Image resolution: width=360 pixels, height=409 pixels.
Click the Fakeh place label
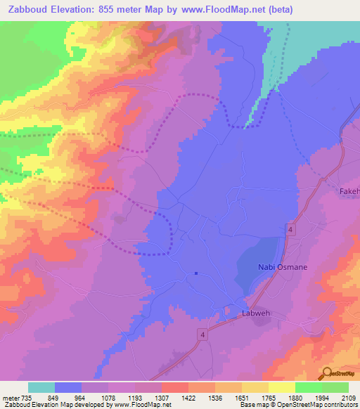(349, 191)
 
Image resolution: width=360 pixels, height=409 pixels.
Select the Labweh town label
(255, 314)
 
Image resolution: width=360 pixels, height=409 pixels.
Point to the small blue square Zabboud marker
(195, 273)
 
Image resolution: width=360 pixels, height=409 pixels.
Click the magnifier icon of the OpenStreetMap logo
(326, 373)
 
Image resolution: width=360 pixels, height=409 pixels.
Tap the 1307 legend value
(160, 397)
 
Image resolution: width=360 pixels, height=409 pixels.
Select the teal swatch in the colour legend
(41, 387)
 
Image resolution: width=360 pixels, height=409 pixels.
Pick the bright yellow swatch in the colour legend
(281, 387)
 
